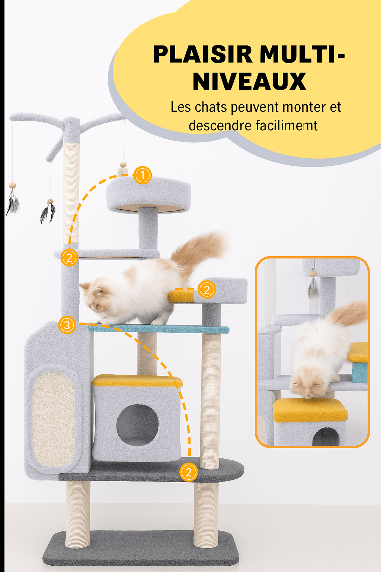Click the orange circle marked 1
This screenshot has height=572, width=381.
[143, 175]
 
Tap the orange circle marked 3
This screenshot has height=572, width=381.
[67, 325]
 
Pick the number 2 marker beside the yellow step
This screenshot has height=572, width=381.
[206, 290]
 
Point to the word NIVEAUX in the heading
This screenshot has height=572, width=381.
[249, 81]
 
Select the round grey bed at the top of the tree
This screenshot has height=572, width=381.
[148, 194]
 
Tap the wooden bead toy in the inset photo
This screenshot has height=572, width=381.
[313, 274]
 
